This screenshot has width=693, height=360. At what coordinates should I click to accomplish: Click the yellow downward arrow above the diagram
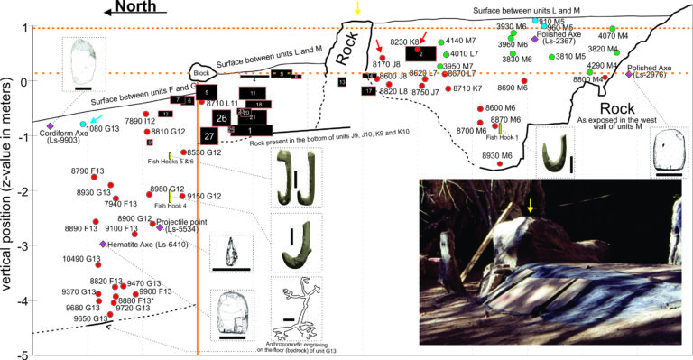point(358,8)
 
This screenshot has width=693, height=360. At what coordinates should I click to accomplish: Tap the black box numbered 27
point(208,135)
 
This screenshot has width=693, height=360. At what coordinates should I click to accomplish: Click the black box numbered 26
point(219,117)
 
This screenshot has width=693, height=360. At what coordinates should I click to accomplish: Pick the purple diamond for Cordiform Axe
point(51,125)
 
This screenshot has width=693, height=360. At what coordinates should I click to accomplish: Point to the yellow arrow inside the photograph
point(531,208)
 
